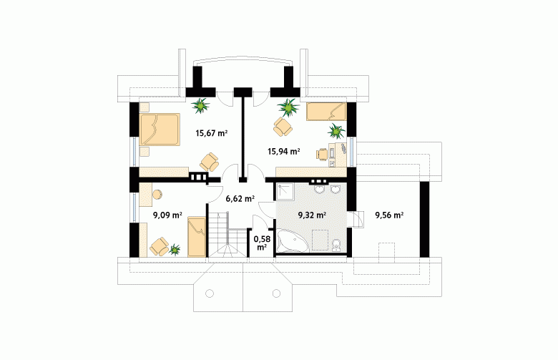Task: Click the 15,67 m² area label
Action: [211, 134]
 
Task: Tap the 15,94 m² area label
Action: [283, 152]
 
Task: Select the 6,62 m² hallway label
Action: [240, 199]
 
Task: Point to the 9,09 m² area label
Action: [167, 215]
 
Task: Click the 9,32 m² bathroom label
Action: [312, 215]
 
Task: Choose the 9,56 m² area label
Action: [389, 215]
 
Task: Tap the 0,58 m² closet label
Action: [262, 243]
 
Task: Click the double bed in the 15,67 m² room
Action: [160, 130]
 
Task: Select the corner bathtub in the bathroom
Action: [292, 241]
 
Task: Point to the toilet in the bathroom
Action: [336, 245]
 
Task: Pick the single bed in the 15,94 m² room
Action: [326, 112]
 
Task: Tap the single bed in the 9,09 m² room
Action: [197, 236]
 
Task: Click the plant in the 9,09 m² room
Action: [175, 250]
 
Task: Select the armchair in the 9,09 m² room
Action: [159, 246]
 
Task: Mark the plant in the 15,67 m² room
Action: [200, 105]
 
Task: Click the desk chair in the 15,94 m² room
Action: [322, 154]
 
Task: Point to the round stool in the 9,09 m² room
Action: [157, 194]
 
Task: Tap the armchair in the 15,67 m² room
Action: [209, 162]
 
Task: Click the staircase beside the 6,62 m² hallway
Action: [227, 234]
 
